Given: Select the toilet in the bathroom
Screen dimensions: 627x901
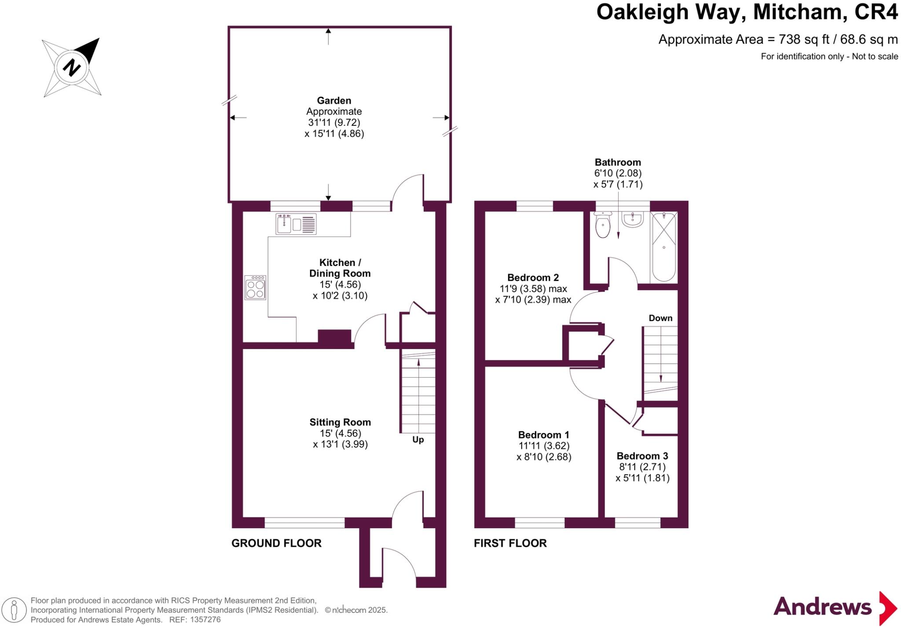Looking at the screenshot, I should tap(602, 226).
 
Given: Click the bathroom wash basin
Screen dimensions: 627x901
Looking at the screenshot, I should tap(633, 219).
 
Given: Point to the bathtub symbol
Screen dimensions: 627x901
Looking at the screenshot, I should tap(663, 247).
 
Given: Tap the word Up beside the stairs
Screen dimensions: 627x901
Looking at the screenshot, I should tap(418, 440).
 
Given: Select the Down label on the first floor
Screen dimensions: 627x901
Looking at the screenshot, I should tap(660, 318).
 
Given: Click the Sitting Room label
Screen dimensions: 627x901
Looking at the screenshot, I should tap(340, 422).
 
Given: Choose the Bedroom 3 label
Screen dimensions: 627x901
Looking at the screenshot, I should tap(642, 456).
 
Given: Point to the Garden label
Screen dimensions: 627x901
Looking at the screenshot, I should tap(334, 100).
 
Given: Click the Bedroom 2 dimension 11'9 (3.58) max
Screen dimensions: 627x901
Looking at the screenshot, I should tap(533, 289).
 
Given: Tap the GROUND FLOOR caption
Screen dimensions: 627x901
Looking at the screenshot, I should tap(276, 543).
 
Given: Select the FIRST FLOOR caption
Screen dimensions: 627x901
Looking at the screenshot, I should tap(510, 543).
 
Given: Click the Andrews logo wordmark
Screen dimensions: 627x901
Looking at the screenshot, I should tap(822, 607).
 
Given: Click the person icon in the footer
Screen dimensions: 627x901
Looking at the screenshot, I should tap(14, 610).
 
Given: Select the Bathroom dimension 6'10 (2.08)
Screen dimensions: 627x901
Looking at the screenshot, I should tap(618, 173).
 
